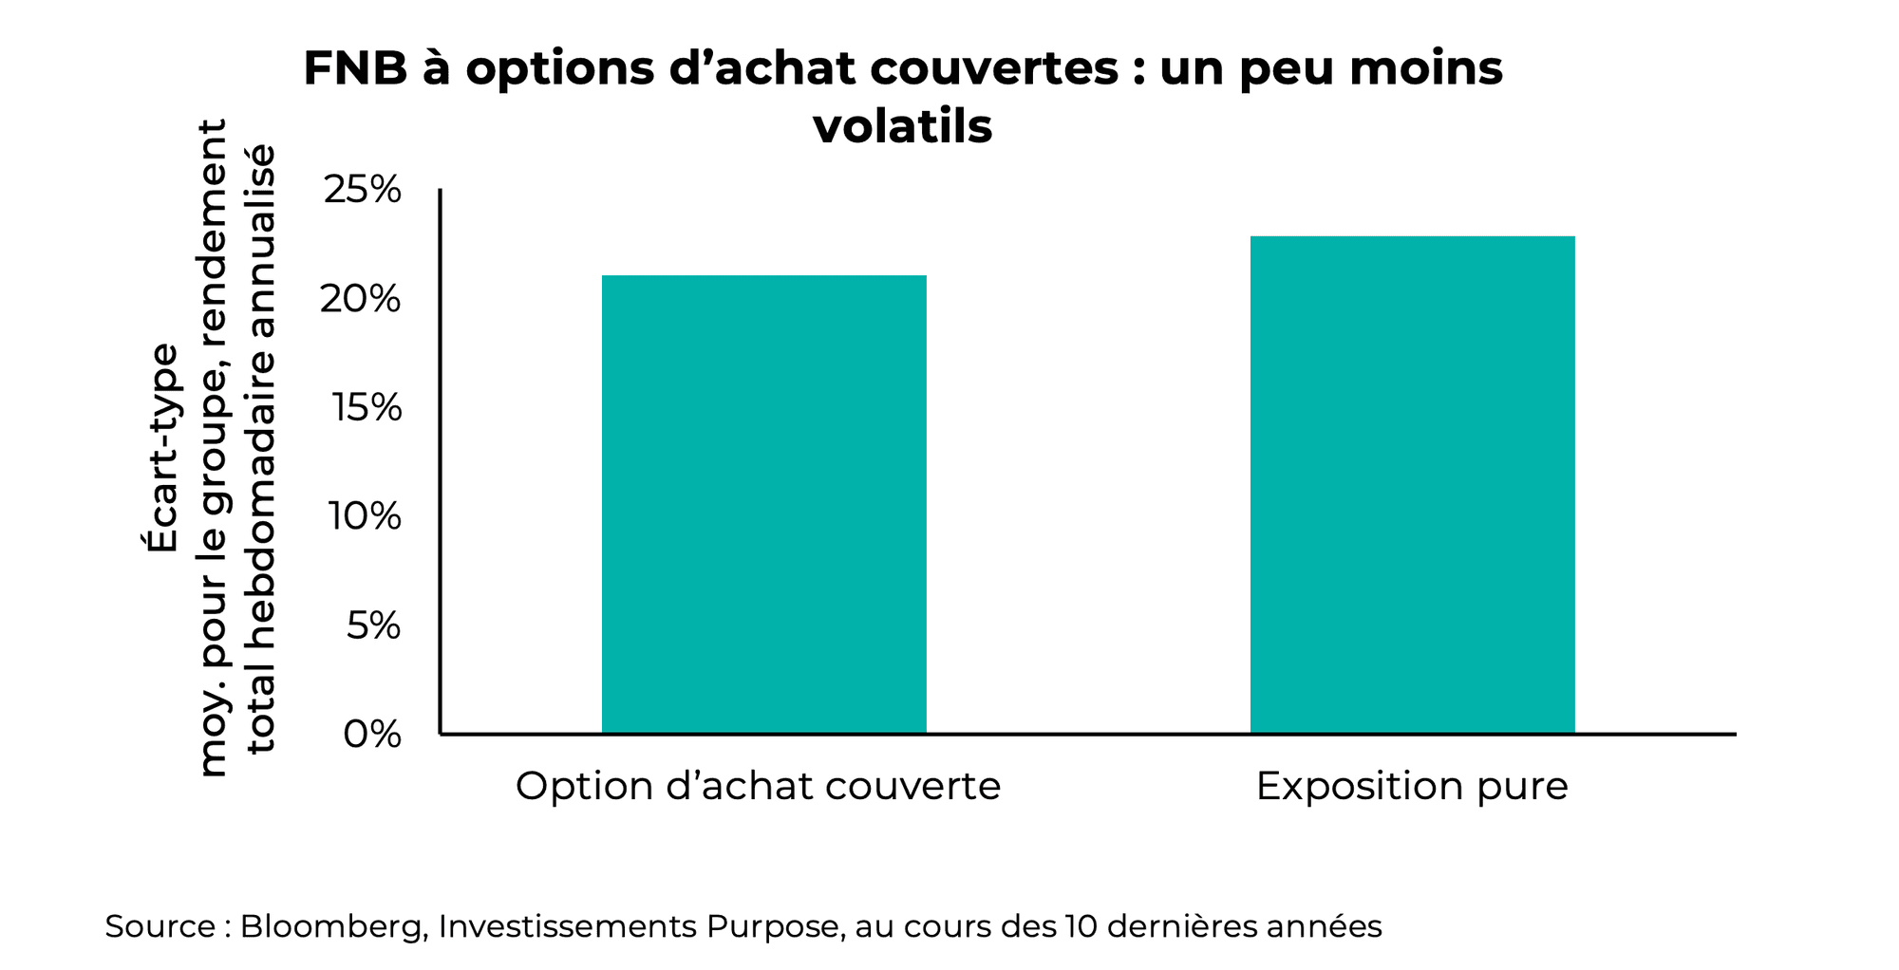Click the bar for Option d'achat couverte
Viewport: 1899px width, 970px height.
click(763, 504)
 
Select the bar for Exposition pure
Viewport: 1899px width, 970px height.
click(1412, 484)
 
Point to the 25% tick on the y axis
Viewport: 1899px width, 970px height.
click(363, 190)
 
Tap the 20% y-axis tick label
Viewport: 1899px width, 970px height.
click(361, 299)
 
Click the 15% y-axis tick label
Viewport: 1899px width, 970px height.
click(367, 408)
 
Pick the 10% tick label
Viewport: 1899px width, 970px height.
click(365, 516)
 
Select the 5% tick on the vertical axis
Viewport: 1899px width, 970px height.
click(373, 625)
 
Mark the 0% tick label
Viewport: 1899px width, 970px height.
click(372, 734)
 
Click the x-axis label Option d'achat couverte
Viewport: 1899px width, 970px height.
click(758, 786)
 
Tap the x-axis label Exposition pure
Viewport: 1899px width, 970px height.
click(1411, 786)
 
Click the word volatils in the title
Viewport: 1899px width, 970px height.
click(902, 126)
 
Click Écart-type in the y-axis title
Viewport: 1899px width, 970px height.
click(162, 447)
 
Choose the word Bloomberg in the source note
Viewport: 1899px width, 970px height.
click(331, 926)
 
